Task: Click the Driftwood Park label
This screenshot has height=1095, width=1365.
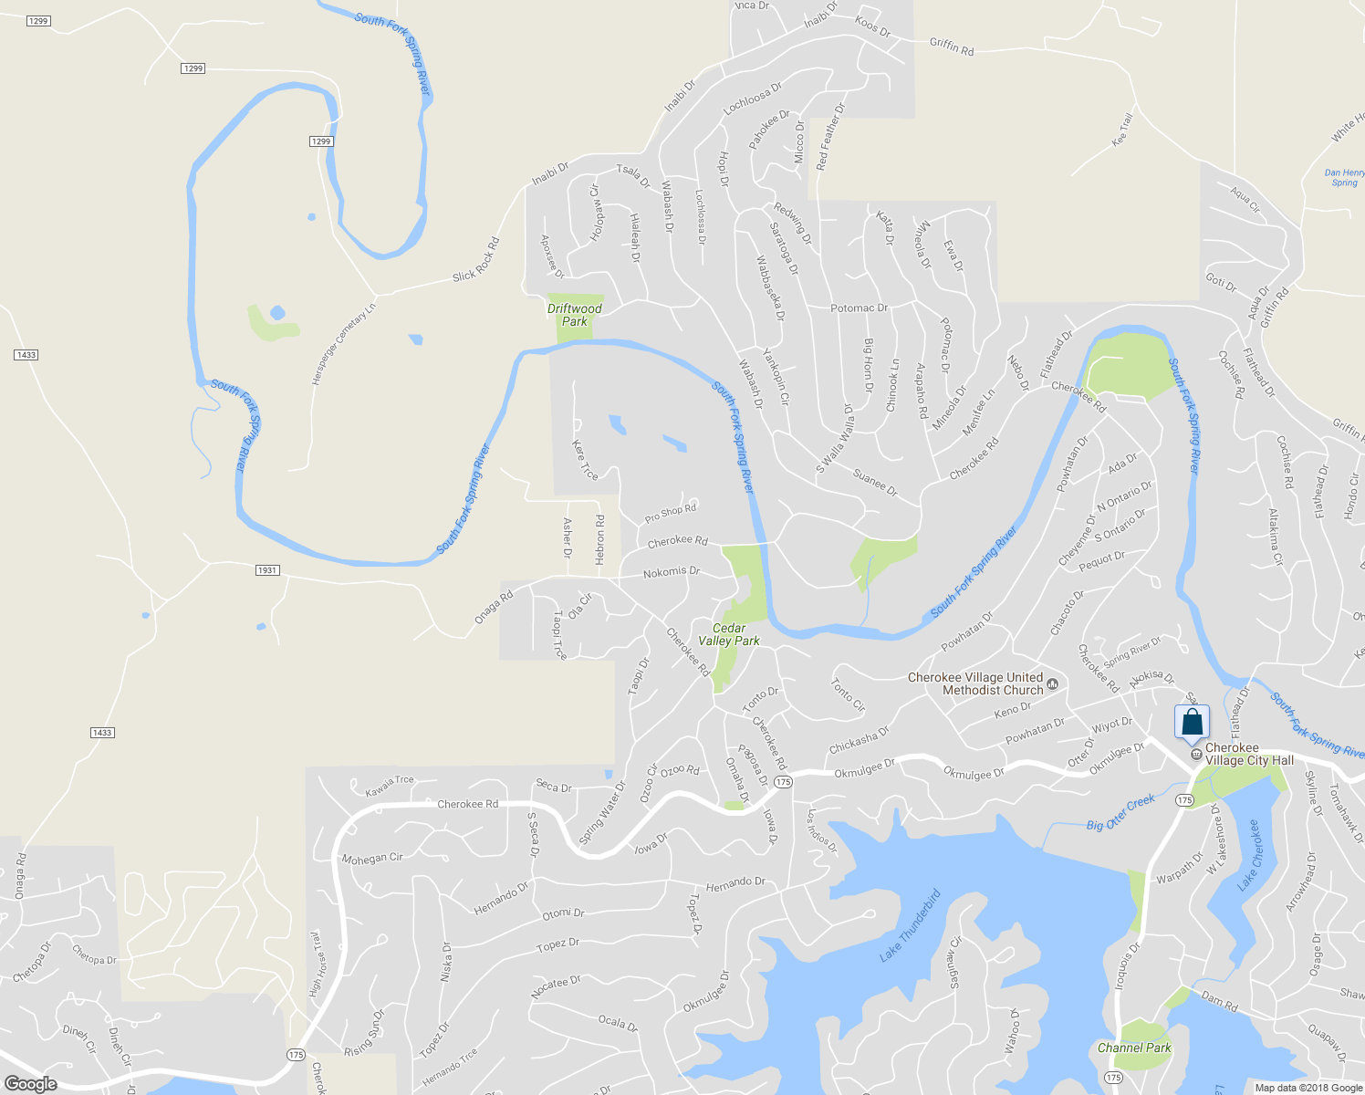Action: pyautogui.click(x=575, y=315)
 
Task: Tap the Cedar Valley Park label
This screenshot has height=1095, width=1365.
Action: pyautogui.click(x=729, y=634)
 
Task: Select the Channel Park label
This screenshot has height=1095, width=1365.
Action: pyautogui.click(x=1134, y=1048)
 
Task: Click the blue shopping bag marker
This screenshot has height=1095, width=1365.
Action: pyautogui.click(x=1192, y=723)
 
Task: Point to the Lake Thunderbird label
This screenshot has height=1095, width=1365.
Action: pyautogui.click(x=910, y=926)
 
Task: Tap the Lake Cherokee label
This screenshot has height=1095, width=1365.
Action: pyautogui.click(x=1248, y=855)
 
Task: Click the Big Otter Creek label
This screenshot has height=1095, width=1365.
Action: pyautogui.click(x=1120, y=813)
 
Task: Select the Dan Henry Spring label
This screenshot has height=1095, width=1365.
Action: pyautogui.click(x=1345, y=177)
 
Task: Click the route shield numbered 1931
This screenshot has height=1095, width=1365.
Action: pyautogui.click(x=266, y=570)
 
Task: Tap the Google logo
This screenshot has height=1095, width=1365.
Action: pyautogui.click(x=31, y=1083)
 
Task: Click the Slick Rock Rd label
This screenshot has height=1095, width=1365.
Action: pyautogui.click(x=476, y=260)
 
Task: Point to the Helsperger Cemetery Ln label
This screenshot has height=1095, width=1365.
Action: pyautogui.click(x=344, y=345)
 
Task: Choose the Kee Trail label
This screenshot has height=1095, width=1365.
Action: pyautogui.click(x=1122, y=130)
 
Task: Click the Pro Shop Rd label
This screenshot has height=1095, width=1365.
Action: pyautogui.click(x=671, y=514)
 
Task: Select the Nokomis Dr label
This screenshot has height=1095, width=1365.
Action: pyautogui.click(x=672, y=572)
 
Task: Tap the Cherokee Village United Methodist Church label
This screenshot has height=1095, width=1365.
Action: pyautogui.click(x=974, y=683)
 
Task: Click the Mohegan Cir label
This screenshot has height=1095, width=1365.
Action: pyautogui.click(x=372, y=859)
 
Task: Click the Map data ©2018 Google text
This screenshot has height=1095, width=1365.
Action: pyautogui.click(x=1308, y=1088)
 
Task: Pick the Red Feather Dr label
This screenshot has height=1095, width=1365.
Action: pyautogui.click(x=830, y=137)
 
